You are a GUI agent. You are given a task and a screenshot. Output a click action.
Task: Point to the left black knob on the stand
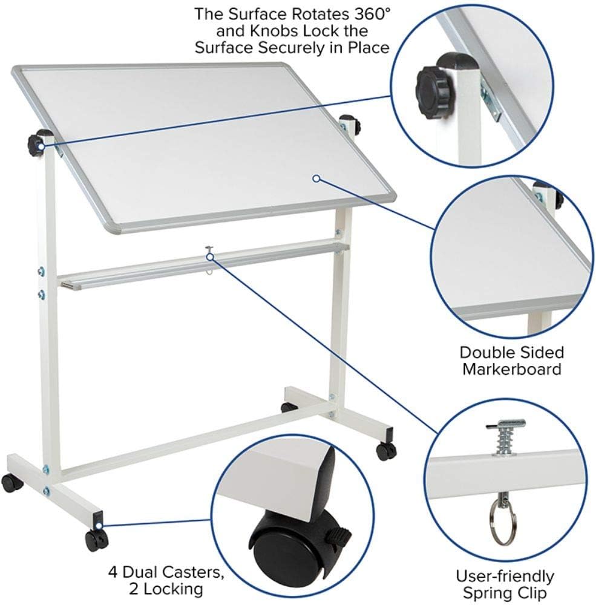36,144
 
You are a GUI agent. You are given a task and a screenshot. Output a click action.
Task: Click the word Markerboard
512,368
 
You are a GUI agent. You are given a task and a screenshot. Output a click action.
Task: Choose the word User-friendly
505,576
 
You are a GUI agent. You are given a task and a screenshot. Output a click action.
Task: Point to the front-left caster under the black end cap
96,539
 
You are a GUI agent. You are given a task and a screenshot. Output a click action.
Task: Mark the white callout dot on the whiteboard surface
316,178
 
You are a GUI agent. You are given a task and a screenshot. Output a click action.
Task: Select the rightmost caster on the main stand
386,450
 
